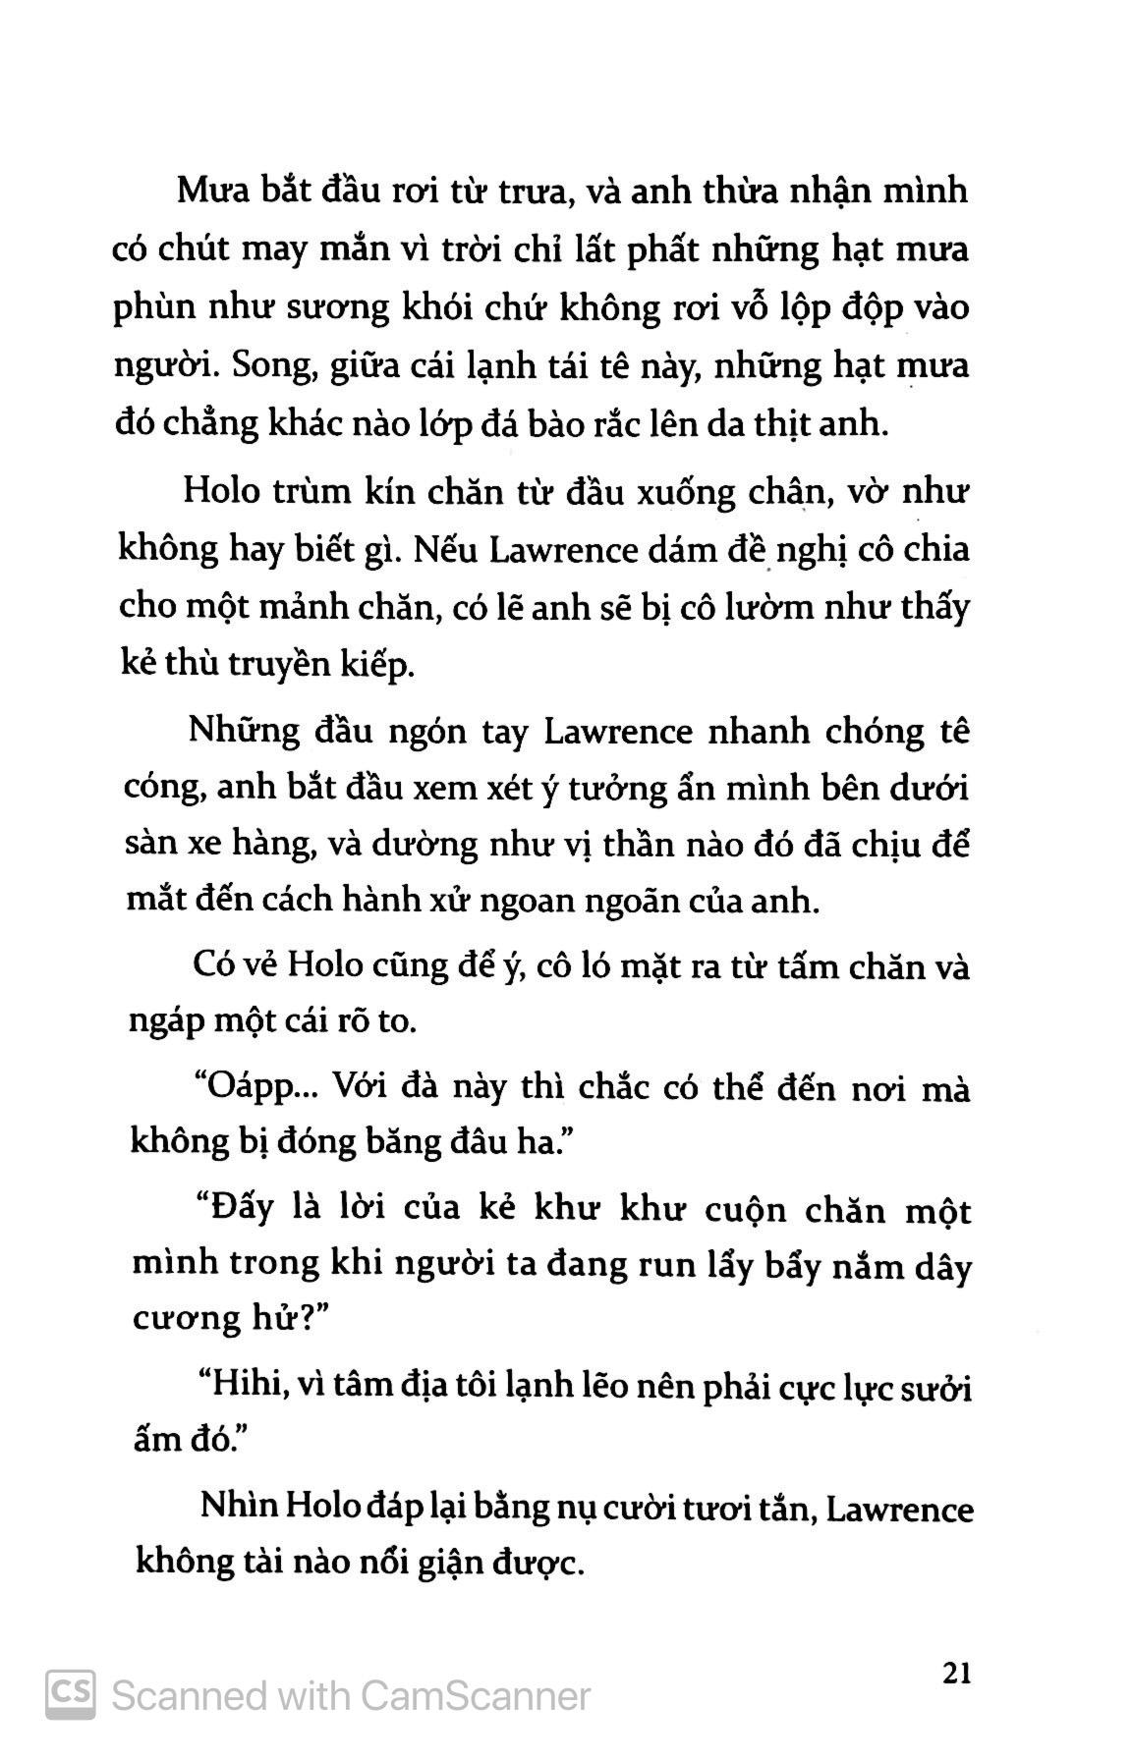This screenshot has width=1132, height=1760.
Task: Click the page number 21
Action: [x=955, y=1672]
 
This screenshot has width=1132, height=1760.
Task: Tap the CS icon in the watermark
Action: [x=71, y=1694]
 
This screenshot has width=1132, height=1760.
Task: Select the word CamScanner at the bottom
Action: [x=476, y=1695]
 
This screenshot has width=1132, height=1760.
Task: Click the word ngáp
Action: [x=167, y=1022]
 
